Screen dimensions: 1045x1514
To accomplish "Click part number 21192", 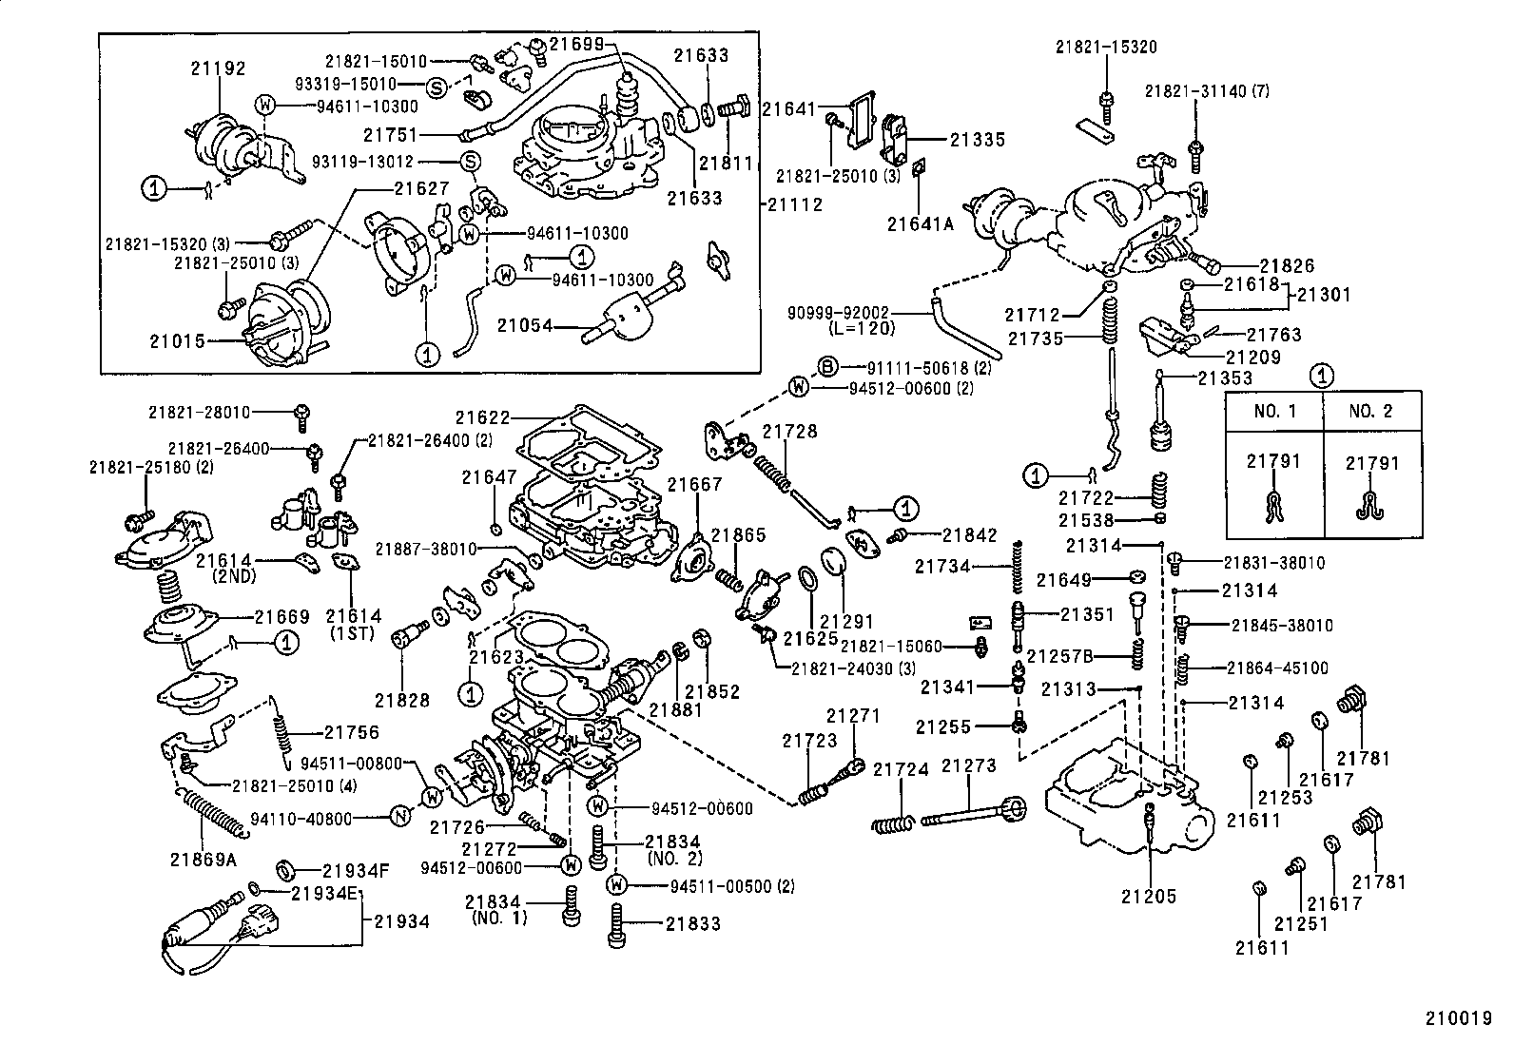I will point(218,68).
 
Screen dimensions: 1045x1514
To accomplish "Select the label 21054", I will point(525,325).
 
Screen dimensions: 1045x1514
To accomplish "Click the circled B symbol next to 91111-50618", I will point(828,367).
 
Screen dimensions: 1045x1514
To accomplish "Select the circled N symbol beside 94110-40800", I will point(401,817).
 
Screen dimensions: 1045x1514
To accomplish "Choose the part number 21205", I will point(1148,896).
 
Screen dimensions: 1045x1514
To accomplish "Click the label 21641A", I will point(920,224).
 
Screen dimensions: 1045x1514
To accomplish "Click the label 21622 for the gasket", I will point(482,416).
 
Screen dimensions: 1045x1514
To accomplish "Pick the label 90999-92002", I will point(838,311).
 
